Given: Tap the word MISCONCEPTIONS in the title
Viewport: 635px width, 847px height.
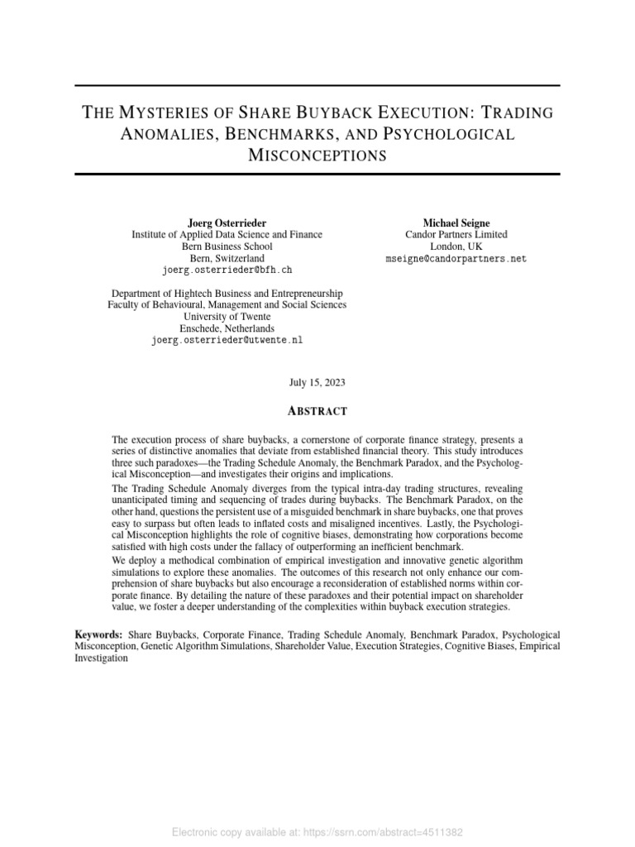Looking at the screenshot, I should [x=317, y=156].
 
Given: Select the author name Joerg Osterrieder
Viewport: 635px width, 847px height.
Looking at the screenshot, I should [x=227, y=223].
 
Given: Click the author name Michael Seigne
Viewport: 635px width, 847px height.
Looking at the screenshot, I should [x=456, y=223].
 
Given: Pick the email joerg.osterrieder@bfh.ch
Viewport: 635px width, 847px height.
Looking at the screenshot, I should [x=227, y=270].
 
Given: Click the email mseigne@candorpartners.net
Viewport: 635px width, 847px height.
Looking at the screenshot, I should [x=456, y=259].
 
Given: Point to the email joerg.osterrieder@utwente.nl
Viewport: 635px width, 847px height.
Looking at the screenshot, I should [x=227, y=340].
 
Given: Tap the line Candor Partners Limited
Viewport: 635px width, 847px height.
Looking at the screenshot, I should [x=456, y=235].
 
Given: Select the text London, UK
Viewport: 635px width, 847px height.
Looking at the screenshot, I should [x=456, y=246].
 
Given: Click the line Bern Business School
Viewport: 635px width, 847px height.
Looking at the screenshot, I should [x=227, y=246].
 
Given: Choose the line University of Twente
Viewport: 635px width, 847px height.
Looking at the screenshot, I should [x=227, y=317].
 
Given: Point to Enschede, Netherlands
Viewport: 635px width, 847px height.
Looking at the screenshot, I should [x=227, y=328].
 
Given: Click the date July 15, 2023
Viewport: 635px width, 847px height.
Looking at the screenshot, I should [x=317, y=383].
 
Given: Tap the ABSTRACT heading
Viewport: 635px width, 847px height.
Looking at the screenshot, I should [x=317, y=411].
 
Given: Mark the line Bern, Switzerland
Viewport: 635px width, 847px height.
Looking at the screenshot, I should [x=227, y=258].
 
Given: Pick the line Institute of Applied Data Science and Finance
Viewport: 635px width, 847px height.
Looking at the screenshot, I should [x=227, y=235].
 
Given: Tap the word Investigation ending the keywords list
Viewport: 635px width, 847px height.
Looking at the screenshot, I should [x=102, y=658].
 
